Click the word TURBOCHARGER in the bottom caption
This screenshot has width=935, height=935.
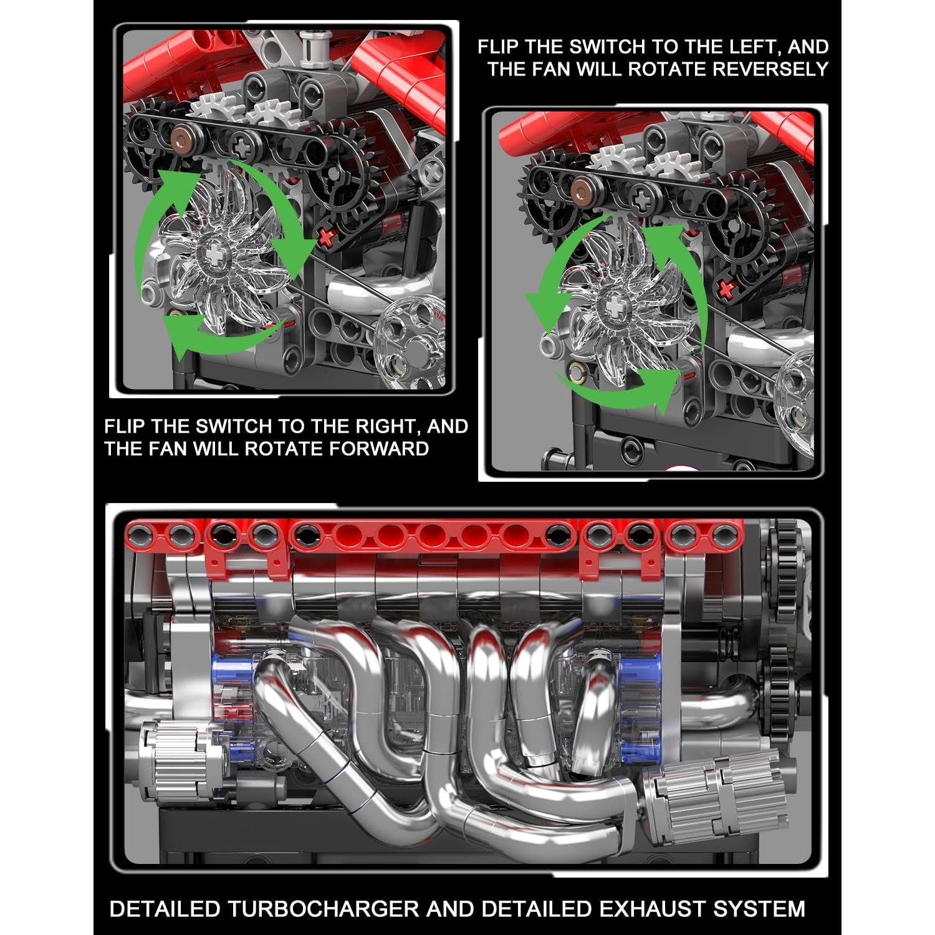322,909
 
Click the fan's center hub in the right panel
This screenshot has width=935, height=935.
614,307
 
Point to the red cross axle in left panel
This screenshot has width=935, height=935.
327,236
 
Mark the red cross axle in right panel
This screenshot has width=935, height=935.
725,289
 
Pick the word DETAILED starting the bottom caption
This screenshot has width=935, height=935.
165,909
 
